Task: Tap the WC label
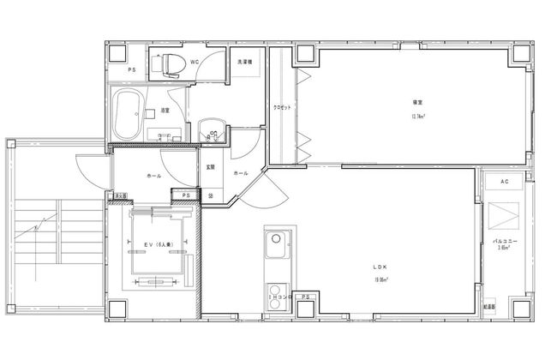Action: pyautogui.click(x=195, y=62)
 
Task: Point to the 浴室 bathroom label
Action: pyautogui.click(x=164, y=111)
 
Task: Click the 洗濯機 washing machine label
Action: pyautogui.click(x=244, y=62)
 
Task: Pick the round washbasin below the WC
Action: pyautogui.click(x=210, y=133)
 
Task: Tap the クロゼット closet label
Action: pyautogui.click(x=282, y=107)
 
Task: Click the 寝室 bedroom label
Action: pyautogui.click(x=417, y=103)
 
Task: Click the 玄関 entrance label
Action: pyautogui.click(x=210, y=167)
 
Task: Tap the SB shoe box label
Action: pyautogui.click(x=211, y=196)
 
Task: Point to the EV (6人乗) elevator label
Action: pyautogui.click(x=158, y=246)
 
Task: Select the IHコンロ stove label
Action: pyautogui.click(x=280, y=297)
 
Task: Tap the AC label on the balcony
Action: pyautogui.click(x=505, y=183)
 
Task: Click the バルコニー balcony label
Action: pyautogui.click(x=507, y=243)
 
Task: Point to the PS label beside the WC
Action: pyautogui.click(x=132, y=69)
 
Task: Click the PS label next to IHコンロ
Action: pyautogui.click(x=305, y=297)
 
